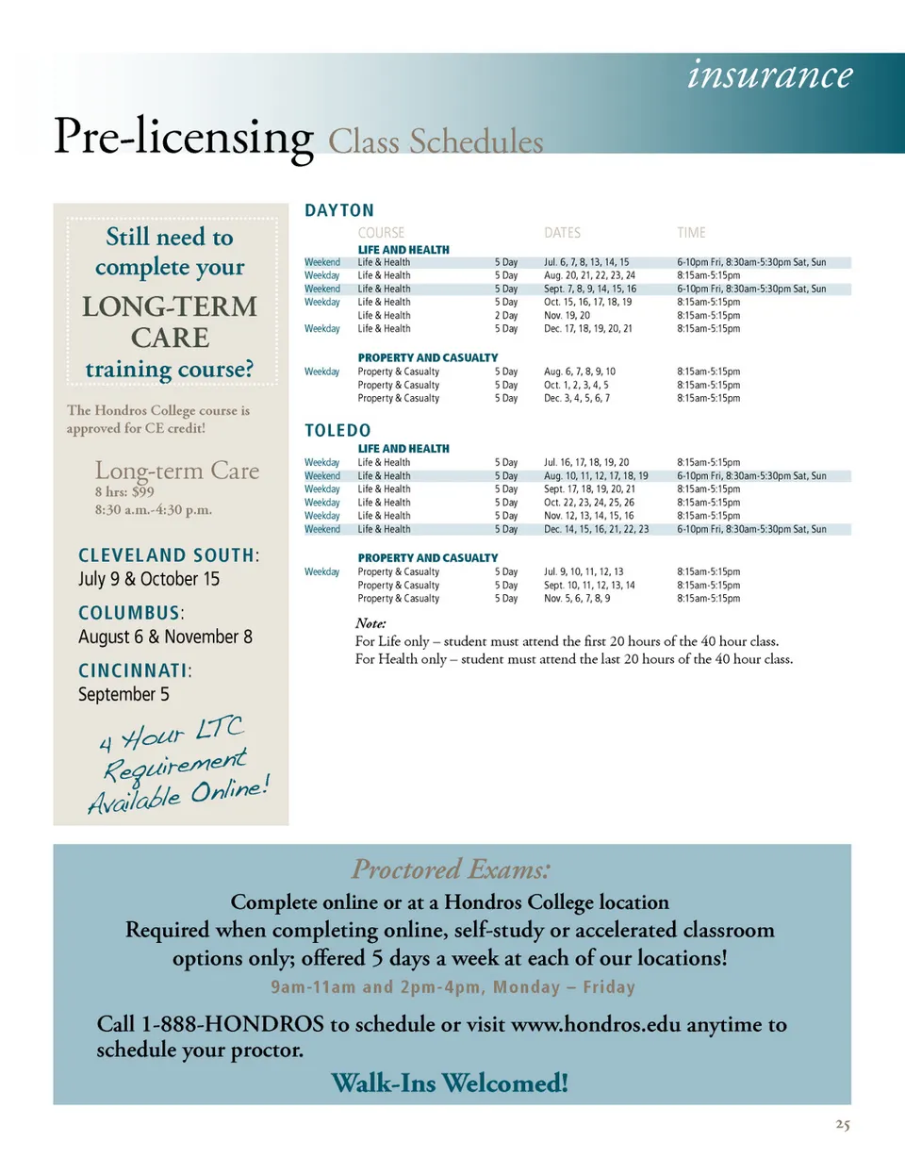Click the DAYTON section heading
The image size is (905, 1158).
pos(339,210)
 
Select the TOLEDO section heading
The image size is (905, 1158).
pos(337,431)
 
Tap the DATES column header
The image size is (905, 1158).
pos(563,233)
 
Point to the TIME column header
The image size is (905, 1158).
pos(691,233)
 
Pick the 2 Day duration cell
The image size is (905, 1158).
pos(506,315)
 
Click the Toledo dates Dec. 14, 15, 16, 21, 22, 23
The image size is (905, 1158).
pos(597,529)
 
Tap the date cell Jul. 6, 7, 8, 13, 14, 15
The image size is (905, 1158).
pos(586,261)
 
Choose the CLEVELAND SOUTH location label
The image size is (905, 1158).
pos(166,554)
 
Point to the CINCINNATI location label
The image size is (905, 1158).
pos(133,670)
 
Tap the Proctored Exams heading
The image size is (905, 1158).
pos(451,868)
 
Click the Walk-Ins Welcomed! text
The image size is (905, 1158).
pos(451,1084)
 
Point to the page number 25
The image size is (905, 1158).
pos(843,1125)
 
